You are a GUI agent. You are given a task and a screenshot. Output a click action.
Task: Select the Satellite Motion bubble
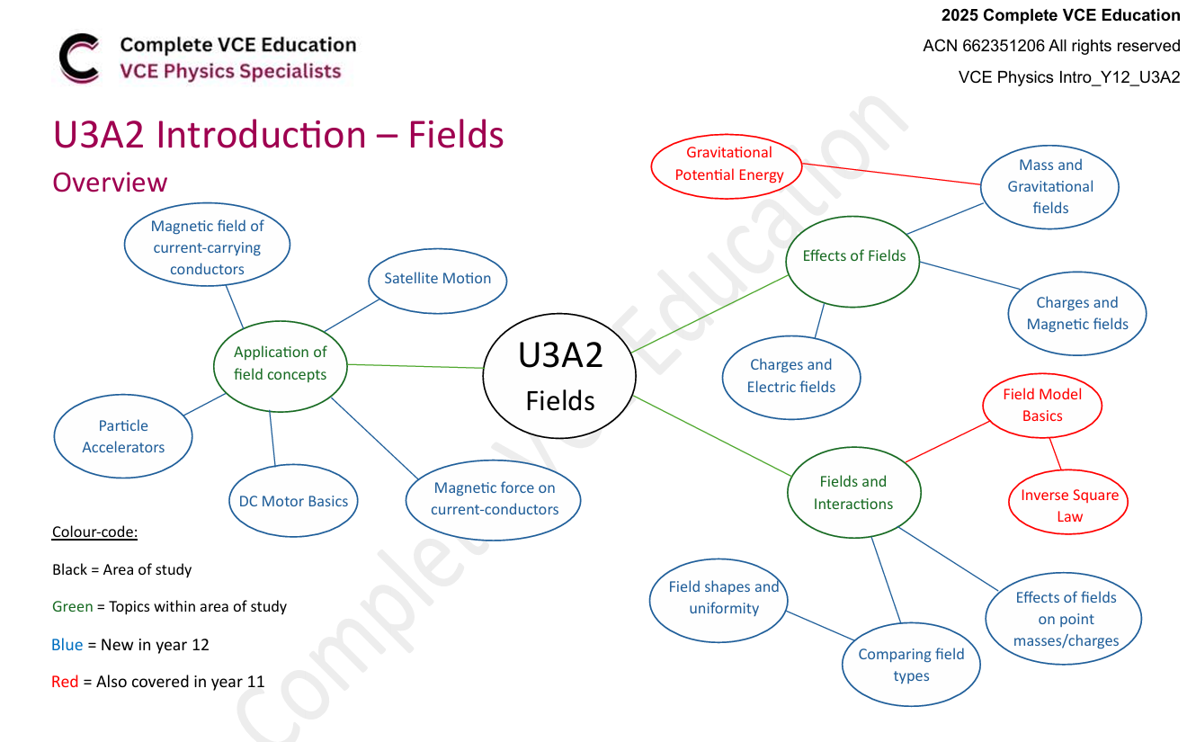pyautogui.click(x=438, y=279)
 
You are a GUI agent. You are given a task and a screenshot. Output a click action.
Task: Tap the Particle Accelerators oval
pyautogui.click(x=123, y=436)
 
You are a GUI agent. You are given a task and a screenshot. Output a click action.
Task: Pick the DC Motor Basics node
pyautogui.click(x=293, y=501)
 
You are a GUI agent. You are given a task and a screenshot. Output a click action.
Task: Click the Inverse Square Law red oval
pyautogui.click(x=1068, y=505)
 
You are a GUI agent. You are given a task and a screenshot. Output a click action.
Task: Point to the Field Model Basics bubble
pyautogui.click(x=1042, y=405)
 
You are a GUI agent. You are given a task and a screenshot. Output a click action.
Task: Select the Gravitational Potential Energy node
pyautogui.click(x=728, y=164)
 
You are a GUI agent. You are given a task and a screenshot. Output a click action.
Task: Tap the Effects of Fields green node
pyautogui.click(x=853, y=256)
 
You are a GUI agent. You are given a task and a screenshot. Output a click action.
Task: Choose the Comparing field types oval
pyautogui.click(x=911, y=665)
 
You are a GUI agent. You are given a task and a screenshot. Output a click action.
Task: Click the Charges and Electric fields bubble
pyautogui.click(x=791, y=376)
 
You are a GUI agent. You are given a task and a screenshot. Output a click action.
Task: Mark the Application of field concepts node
pyautogui.click(x=281, y=363)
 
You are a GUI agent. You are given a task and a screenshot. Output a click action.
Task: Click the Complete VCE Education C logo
pyautogui.click(x=79, y=58)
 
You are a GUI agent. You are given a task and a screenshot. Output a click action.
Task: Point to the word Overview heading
pyautogui.click(x=110, y=183)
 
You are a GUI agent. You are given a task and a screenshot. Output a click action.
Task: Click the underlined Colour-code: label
pyautogui.click(x=94, y=532)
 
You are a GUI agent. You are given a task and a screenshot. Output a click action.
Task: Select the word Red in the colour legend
pyautogui.click(x=65, y=682)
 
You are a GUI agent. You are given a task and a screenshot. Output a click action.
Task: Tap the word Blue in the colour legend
pyautogui.click(x=67, y=645)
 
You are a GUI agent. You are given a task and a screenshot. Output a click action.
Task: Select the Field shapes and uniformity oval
pyautogui.click(x=723, y=597)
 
